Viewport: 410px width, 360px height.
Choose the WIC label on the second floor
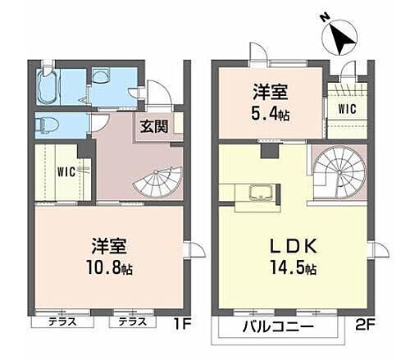[x=346, y=107]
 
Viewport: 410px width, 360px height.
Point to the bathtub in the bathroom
[x=48, y=85]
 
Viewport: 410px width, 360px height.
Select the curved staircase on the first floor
[x=160, y=182]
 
